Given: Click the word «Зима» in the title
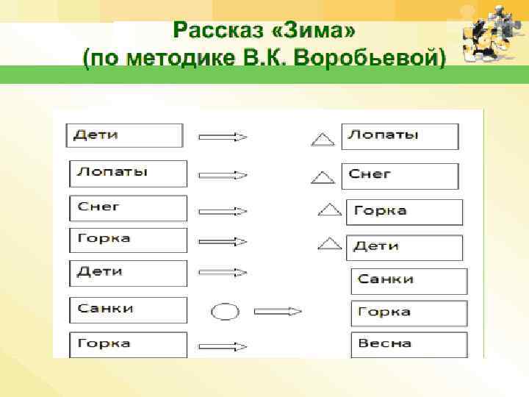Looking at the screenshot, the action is pos(320,32).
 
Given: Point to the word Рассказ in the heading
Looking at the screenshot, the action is pos(221,32).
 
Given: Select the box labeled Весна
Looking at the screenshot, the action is pos(409,345).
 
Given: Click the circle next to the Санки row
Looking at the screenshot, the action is pos(225,312).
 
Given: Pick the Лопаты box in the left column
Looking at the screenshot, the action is pos(128,173).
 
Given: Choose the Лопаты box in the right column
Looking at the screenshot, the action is pos(400,137).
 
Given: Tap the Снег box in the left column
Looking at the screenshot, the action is pos(128,208).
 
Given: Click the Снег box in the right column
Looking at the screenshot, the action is pos(400,176).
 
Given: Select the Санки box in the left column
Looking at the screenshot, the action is pos(128,310).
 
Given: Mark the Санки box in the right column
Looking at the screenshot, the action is pos(409,281).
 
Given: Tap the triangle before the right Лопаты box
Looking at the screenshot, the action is pos(322,137).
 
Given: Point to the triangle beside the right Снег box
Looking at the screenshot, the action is pos(322,176).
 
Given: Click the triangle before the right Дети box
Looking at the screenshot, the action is pos(332,243).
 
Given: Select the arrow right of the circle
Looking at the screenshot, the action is pos(278,312).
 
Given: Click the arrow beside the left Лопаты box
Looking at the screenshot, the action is pos(223,176).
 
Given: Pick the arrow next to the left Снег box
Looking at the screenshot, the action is pos(223,211).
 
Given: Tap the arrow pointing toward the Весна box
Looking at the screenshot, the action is pos(223,346).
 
